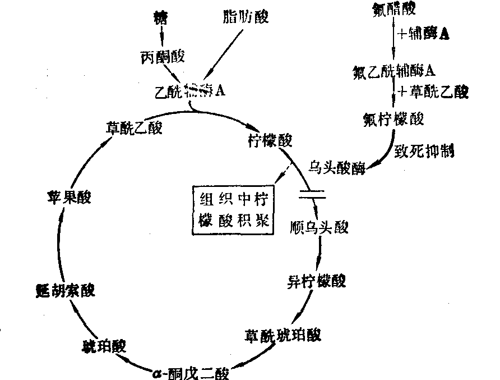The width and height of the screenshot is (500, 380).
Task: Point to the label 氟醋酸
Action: coord(395,10)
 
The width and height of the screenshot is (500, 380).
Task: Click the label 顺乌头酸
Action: coord(320,227)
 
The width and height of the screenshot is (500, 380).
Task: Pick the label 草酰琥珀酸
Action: coord(283,335)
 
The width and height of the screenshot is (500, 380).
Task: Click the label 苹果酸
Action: coord(70,198)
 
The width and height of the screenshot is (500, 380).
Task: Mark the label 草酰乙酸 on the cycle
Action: coord(133,127)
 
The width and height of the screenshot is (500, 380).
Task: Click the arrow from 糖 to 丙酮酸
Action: coord(162,35)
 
